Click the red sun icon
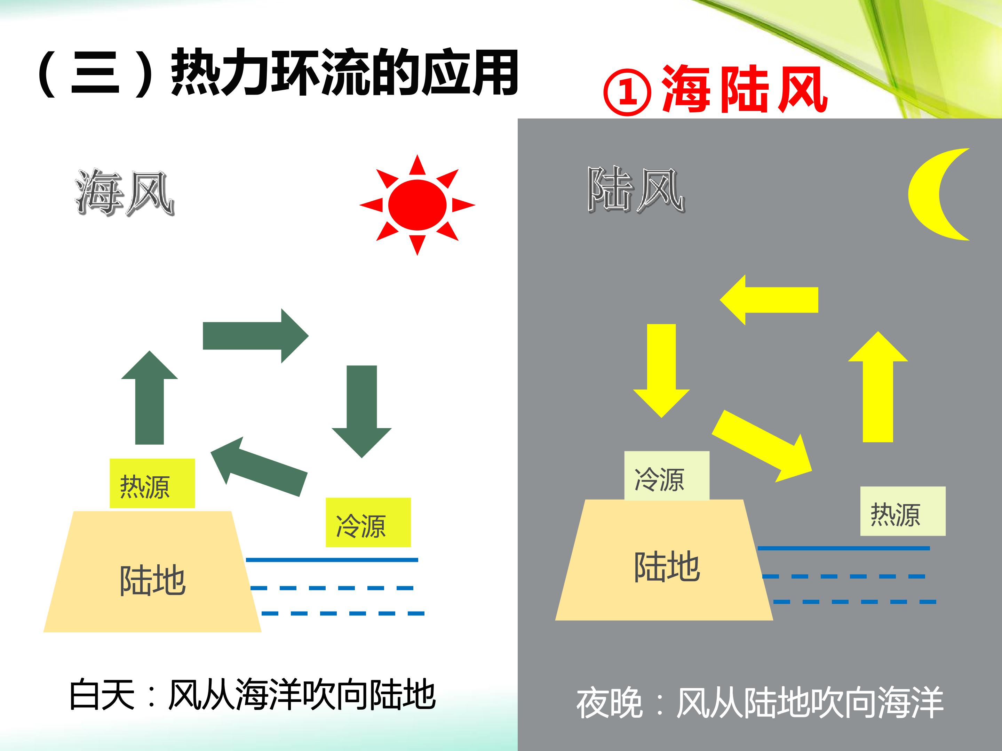(417, 205)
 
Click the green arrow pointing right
(255, 336)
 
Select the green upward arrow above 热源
(150, 397)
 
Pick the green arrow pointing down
(361, 412)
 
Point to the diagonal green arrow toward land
(259, 466)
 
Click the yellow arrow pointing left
(769, 300)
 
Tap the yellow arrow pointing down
(661, 370)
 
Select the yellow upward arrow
(878, 387)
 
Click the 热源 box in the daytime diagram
(152, 483)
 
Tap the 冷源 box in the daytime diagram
(368, 522)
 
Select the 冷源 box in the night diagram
(667, 476)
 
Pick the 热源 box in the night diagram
(903, 511)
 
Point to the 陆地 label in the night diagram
(667, 566)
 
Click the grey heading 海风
(125, 192)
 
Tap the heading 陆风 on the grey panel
(636, 190)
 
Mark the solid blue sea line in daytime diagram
(332, 560)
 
